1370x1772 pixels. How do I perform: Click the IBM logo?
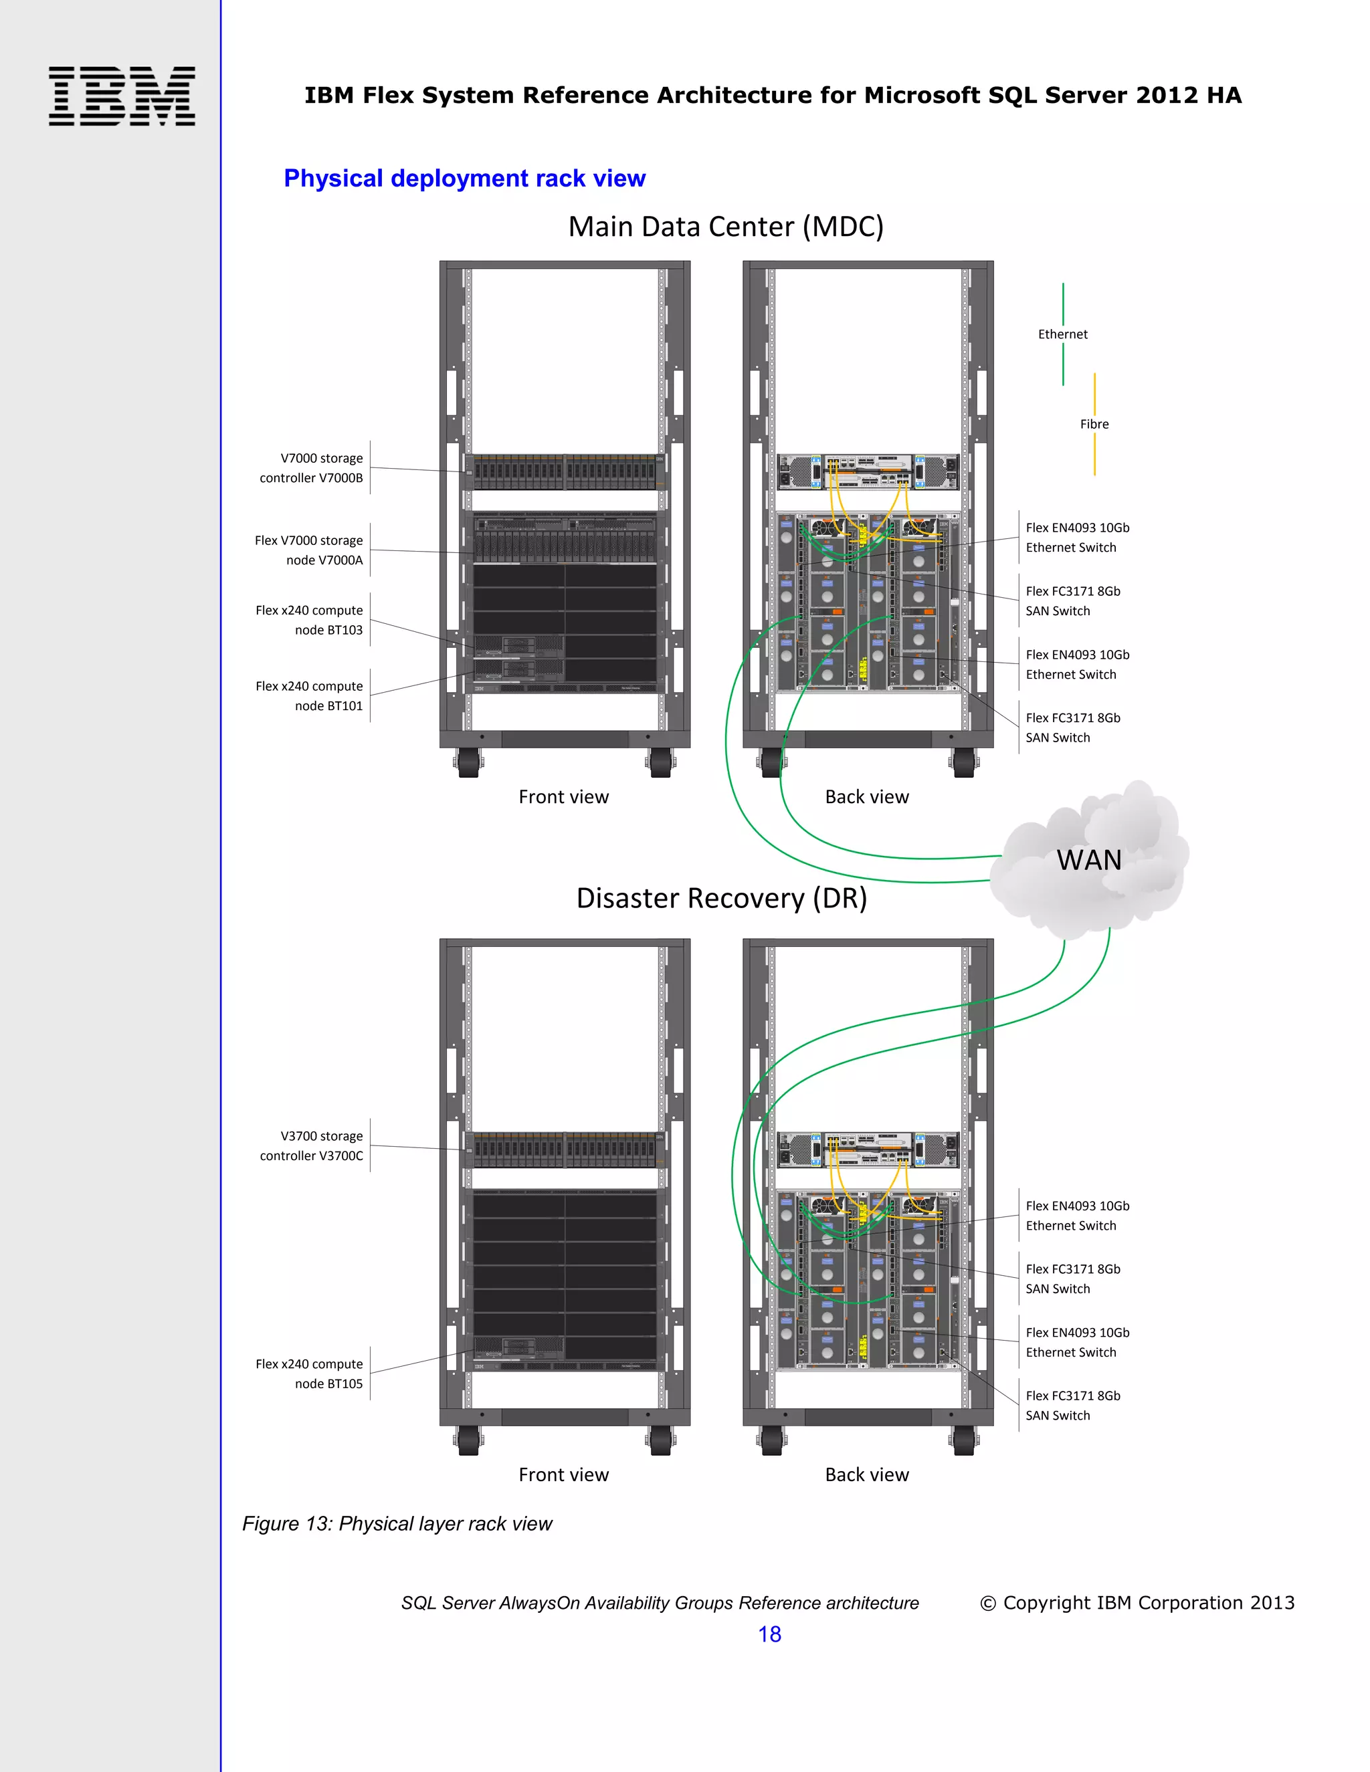[x=122, y=96]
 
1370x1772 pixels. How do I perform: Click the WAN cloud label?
[x=1088, y=860]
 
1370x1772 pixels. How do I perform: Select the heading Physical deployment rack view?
[x=464, y=179]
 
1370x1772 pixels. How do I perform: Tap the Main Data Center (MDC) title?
[x=726, y=227]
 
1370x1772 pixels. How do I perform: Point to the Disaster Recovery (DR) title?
[x=722, y=898]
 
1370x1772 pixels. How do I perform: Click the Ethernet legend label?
[x=1062, y=334]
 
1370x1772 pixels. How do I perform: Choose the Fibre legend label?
[x=1094, y=425]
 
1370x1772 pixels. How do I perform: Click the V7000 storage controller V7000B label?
[x=312, y=468]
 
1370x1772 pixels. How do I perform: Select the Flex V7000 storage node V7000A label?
[x=309, y=550]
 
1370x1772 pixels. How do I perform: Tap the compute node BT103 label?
[x=309, y=620]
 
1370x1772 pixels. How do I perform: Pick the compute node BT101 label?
[x=309, y=696]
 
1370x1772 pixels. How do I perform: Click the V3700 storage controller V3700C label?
[x=312, y=1145]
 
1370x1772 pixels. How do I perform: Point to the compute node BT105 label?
[x=309, y=1373]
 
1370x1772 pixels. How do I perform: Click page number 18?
[x=769, y=1634]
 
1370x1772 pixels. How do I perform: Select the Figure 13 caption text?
[x=397, y=1524]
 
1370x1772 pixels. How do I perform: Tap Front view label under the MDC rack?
[x=563, y=797]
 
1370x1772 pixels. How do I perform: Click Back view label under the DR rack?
[x=867, y=1474]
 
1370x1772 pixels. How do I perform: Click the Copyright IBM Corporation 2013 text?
[x=1137, y=1602]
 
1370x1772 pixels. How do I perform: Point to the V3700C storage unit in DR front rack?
[x=565, y=1149]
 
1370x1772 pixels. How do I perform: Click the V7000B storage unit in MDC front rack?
[x=565, y=471]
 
